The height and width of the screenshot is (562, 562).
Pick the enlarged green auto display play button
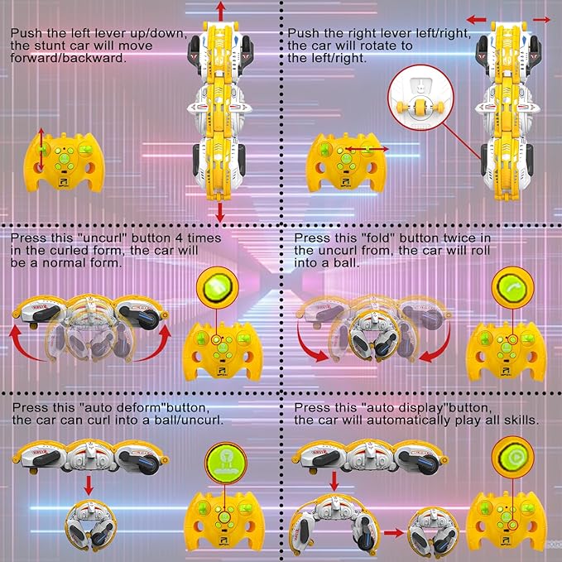(511, 458)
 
